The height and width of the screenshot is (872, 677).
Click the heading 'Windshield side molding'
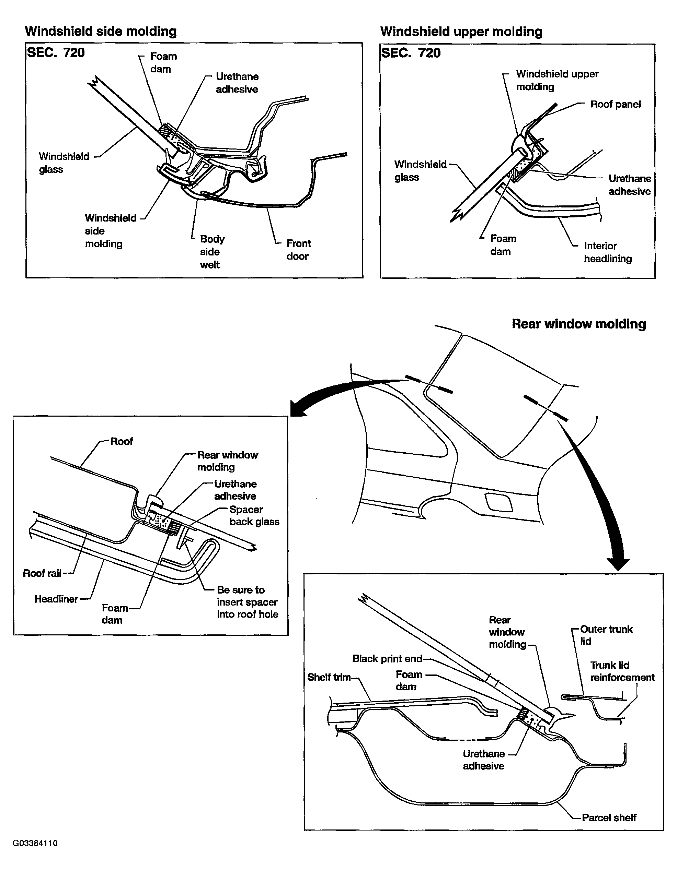(x=101, y=31)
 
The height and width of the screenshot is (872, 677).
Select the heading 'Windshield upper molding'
(x=461, y=32)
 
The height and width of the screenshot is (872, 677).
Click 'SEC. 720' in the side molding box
(x=56, y=53)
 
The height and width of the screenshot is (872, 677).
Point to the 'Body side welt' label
(x=212, y=252)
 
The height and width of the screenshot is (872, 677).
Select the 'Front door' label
(x=298, y=250)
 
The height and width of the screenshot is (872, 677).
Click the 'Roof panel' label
(x=615, y=104)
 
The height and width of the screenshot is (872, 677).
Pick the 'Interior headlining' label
(x=607, y=252)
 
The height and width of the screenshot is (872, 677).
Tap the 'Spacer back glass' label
(x=254, y=515)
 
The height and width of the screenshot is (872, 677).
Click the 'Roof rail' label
(x=42, y=573)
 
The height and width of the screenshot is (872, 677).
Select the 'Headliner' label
(x=56, y=599)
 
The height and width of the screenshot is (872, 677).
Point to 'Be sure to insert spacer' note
(x=247, y=602)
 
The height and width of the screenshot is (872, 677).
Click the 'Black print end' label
(x=387, y=658)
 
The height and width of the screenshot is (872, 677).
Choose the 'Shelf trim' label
(x=329, y=677)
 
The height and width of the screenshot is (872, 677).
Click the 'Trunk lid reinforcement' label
(x=622, y=671)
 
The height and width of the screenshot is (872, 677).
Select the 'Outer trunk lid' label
(x=606, y=635)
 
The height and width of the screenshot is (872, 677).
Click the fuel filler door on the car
(x=498, y=502)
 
